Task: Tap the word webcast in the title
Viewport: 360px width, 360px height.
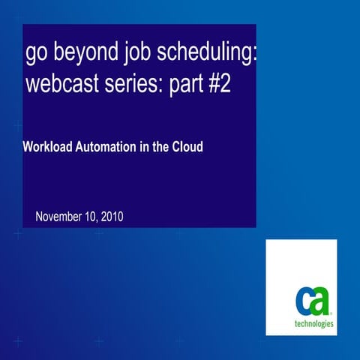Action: (59, 85)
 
